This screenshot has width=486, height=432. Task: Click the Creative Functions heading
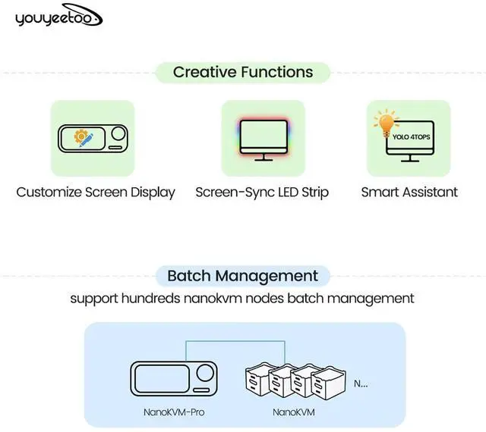(243, 73)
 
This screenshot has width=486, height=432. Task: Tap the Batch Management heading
(243, 275)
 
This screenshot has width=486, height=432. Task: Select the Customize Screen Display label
(96, 192)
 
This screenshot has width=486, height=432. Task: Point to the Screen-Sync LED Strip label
(262, 192)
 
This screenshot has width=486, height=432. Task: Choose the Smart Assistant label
(409, 192)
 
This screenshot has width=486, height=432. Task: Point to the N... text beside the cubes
(361, 383)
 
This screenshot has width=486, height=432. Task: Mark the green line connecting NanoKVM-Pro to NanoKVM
(235, 342)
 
